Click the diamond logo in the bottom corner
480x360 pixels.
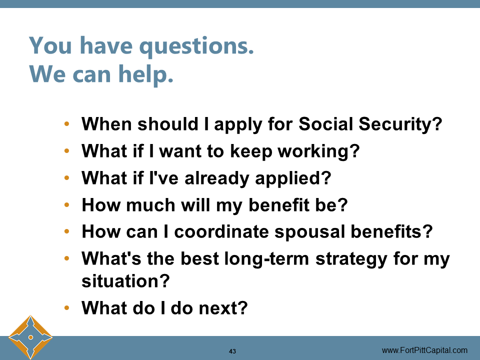click(30, 337)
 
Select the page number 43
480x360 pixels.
click(232, 351)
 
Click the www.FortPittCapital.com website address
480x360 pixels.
click(424, 350)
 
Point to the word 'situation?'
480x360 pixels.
click(125, 281)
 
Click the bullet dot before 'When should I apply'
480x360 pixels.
click(67, 124)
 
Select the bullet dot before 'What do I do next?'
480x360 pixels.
click(67, 308)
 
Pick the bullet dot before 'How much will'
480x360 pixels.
click(67, 205)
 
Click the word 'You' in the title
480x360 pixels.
click(50, 46)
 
